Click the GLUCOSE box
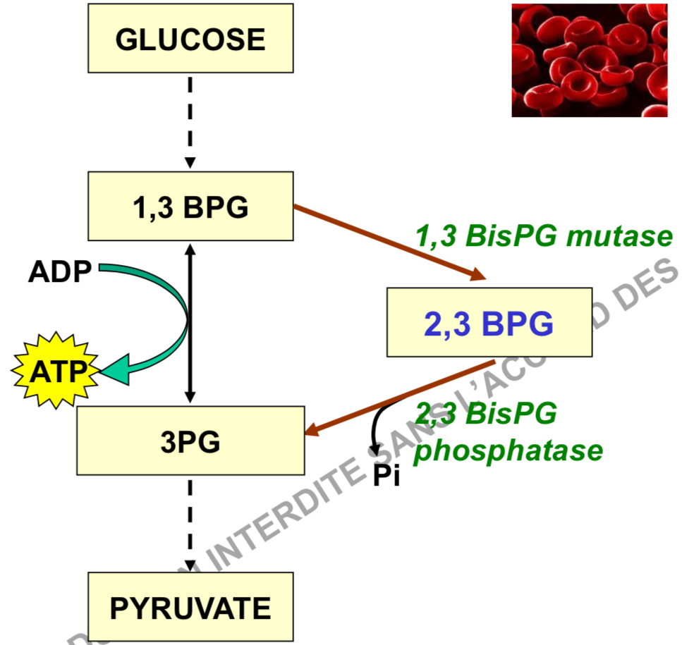190,39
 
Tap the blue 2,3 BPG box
489,322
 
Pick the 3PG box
190,441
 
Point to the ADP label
60,272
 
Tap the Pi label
386,477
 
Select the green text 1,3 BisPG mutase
543,236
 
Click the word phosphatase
508,450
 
